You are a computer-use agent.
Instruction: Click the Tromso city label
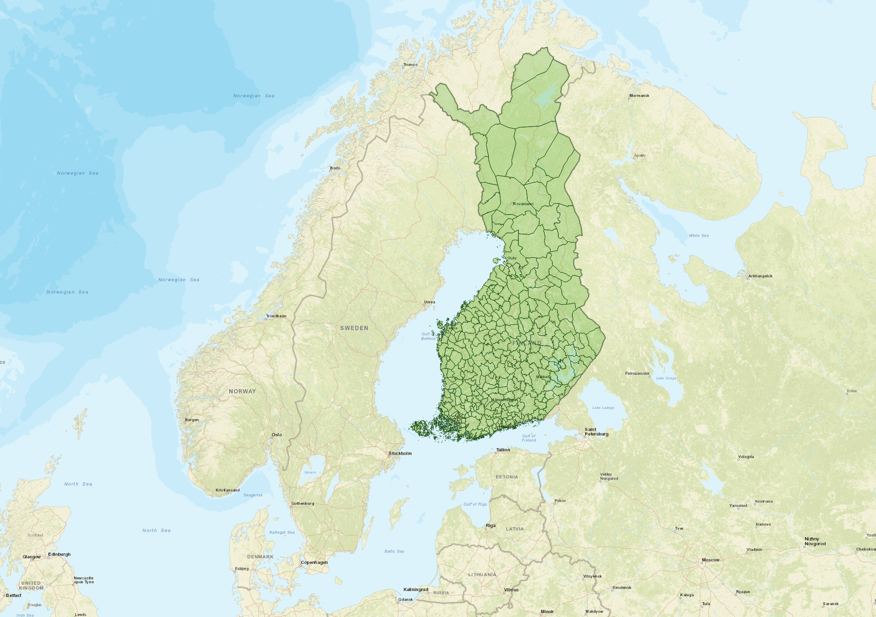[x=410, y=65]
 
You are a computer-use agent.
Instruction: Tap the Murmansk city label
[x=639, y=96]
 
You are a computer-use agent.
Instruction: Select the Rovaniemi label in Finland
[x=523, y=204]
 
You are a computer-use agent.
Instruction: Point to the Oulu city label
[x=512, y=258]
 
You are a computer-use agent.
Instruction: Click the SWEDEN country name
[x=354, y=328]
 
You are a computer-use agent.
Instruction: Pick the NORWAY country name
[x=242, y=391]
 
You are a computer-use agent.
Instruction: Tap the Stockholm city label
[x=400, y=453]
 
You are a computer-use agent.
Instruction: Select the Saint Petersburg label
[x=596, y=432]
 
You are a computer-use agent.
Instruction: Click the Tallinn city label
[x=503, y=450]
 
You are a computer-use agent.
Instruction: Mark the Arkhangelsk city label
[x=760, y=276]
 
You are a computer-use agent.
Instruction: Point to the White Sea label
[x=699, y=235]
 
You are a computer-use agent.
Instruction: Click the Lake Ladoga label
[x=603, y=408]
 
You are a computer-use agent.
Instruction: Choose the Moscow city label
[x=711, y=560]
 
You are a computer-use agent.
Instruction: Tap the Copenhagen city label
[x=314, y=562]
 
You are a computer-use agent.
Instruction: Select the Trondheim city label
[x=276, y=316]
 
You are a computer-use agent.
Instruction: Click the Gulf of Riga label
[x=475, y=504]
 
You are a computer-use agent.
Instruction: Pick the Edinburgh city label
[x=59, y=555]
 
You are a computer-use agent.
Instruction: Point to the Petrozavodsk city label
[x=637, y=374]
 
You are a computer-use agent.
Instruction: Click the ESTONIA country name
[x=506, y=477]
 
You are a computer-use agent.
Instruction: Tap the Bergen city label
[x=191, y=420]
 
